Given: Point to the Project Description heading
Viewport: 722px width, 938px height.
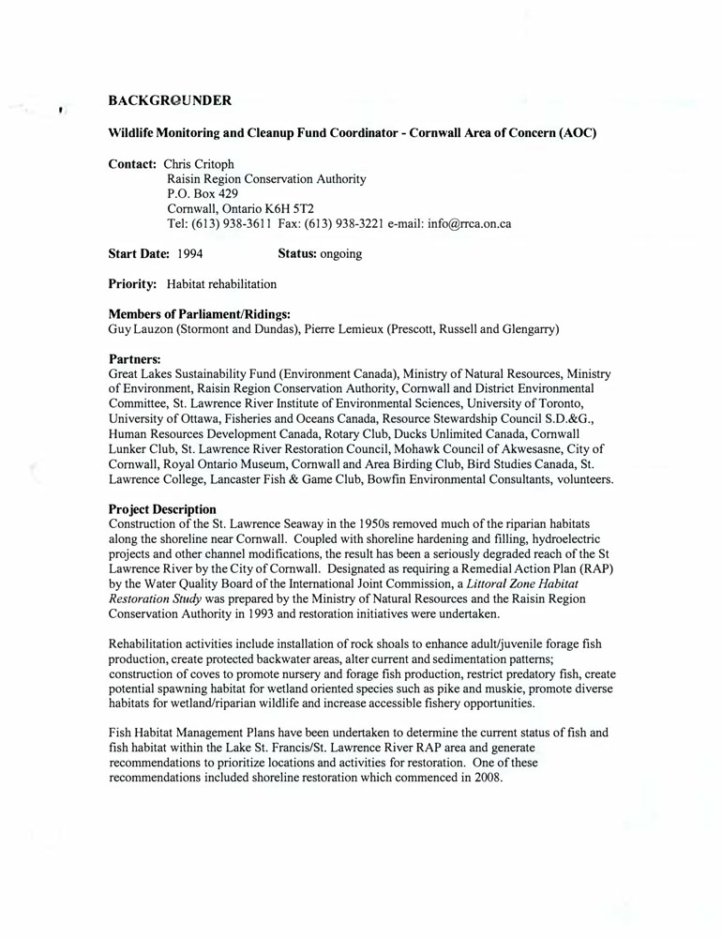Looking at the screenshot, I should click(x=162, y=508).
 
